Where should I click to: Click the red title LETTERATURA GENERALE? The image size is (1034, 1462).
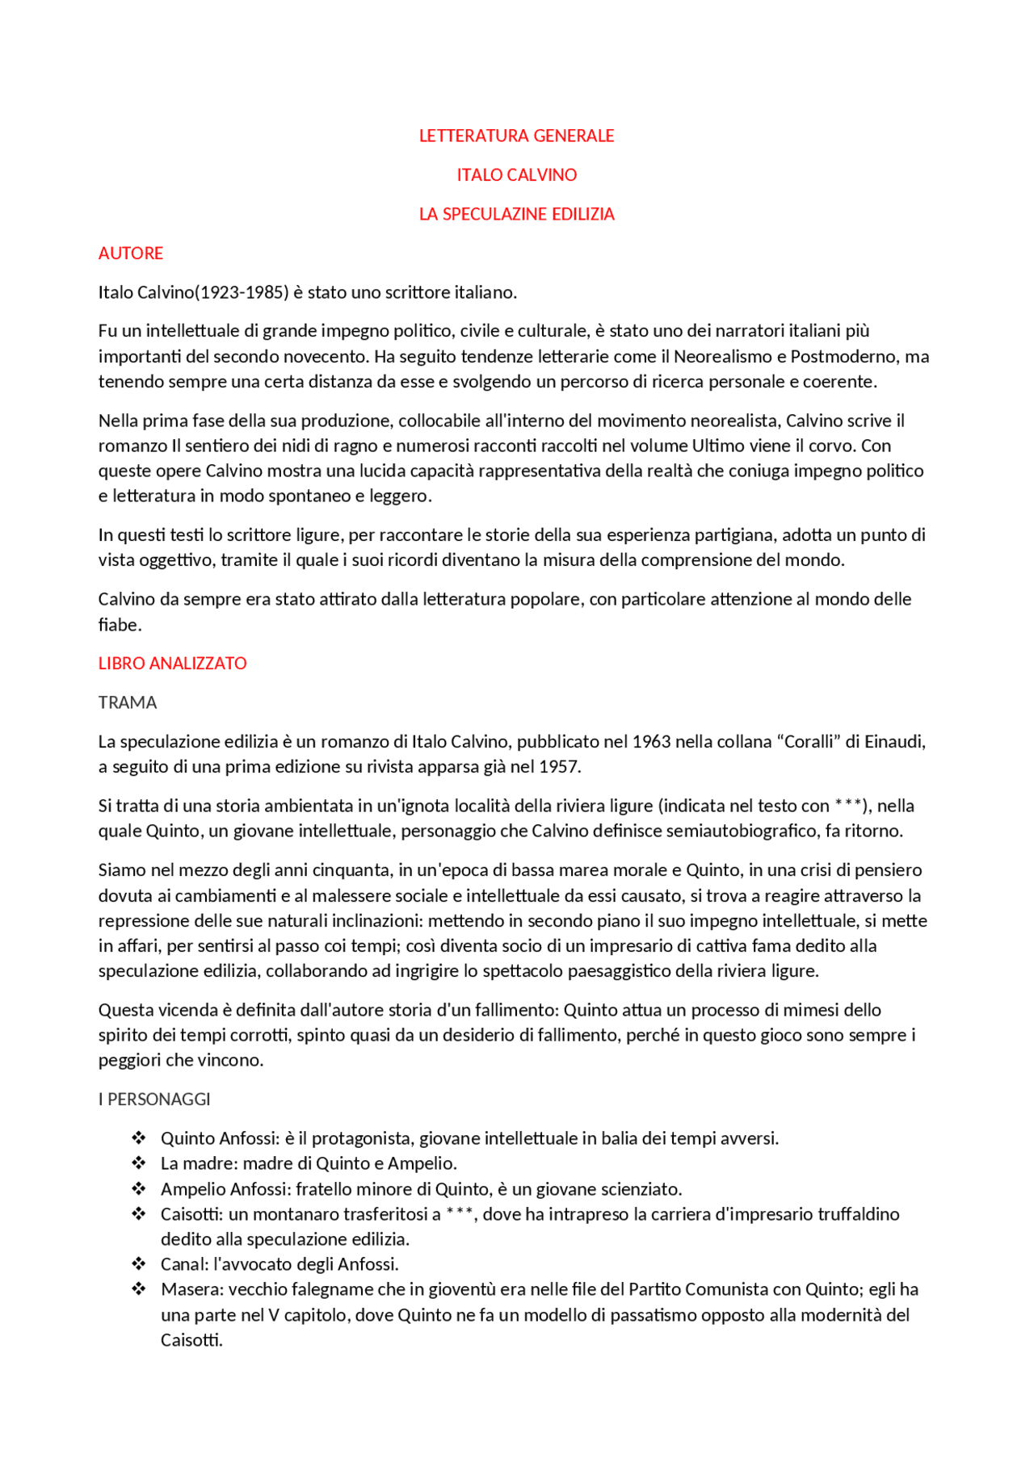click(516, 136)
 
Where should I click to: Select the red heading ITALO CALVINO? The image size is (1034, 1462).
click(516, 174)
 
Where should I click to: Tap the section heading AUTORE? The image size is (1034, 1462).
click(131, 253)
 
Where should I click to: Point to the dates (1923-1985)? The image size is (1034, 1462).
click(242, 292)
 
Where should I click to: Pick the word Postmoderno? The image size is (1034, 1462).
click(844, 356)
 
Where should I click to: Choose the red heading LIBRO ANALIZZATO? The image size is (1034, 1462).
click(172, 664)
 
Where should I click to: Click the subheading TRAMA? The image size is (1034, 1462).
click(128, 702)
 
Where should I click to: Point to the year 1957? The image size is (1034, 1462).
click(558, 766)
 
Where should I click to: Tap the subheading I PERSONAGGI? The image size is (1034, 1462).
click(154, 1099)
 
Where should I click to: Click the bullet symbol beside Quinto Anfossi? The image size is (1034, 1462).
click(139, 1138)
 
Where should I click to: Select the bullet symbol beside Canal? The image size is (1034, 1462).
click(139, 1264)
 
